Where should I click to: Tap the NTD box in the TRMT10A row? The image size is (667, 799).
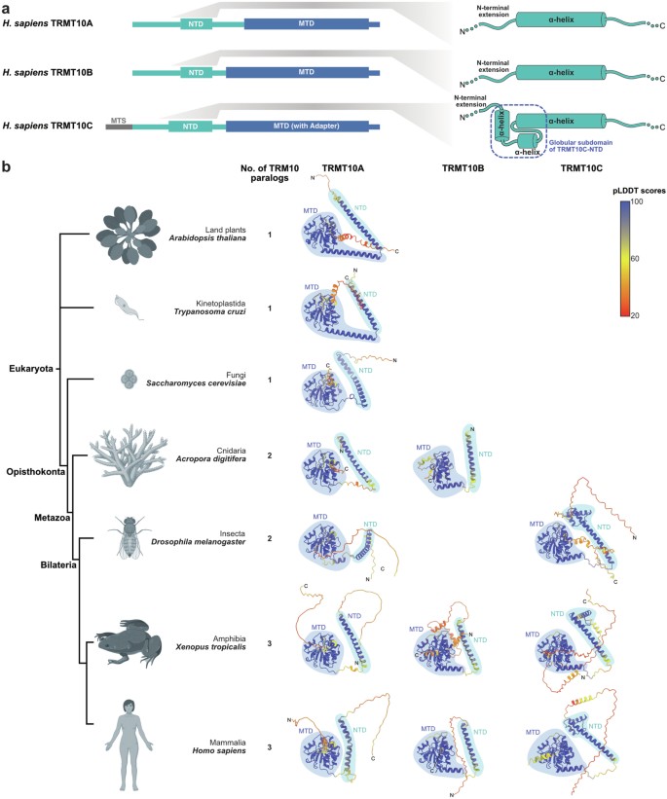(x=197, y=20)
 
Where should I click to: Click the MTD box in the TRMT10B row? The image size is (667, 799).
(x=307, y=72)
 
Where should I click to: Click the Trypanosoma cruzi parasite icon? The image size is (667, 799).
(x=128, y=305)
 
